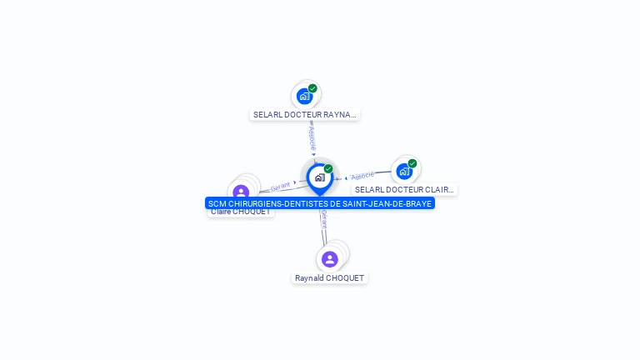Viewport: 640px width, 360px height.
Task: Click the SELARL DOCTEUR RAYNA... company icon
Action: [304, 96]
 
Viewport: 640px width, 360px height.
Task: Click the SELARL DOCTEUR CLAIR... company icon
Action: [404, 172]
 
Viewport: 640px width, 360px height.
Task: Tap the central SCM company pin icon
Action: [319, 177]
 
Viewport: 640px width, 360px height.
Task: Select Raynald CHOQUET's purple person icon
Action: [330, 259]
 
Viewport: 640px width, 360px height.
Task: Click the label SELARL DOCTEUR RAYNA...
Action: [305, 115]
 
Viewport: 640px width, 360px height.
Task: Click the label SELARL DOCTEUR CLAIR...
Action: [404, 190]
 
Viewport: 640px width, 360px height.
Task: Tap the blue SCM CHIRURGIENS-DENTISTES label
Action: [320, 203]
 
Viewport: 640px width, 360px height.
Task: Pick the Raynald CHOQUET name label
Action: [329, 278]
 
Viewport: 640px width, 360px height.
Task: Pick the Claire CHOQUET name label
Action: [240, 212]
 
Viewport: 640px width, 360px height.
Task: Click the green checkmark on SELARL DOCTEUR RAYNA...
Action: [312, 88]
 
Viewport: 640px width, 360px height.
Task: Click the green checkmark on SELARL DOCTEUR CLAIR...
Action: [412, 163]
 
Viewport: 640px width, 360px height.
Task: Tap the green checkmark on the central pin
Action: [328, 168]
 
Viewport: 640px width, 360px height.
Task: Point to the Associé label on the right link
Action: [362, 176]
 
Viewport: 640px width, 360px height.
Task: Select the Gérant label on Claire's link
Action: [280, 187]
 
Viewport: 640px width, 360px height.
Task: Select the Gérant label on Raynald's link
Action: [323, 218]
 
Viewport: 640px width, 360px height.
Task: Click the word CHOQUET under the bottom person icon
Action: [346, 278]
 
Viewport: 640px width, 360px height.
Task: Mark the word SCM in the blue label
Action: [217, 203]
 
